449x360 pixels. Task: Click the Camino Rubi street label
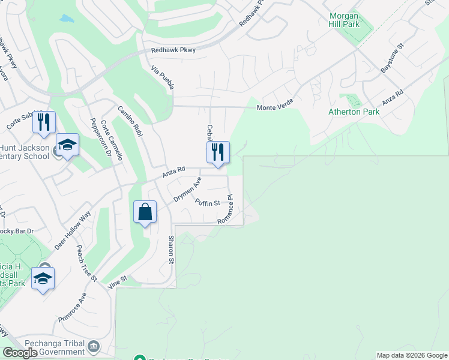tap(130, 122)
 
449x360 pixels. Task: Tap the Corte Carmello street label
tap(112, 140)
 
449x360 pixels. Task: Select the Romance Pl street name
tap(225, 209)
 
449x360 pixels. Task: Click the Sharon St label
tap(170, 248)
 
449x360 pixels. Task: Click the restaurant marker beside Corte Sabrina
tap(44, 122)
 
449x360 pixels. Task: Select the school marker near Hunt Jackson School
tap(67, 145)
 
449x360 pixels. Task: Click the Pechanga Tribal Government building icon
tap(94, 346)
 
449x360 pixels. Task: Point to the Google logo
tap(20, 353)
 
